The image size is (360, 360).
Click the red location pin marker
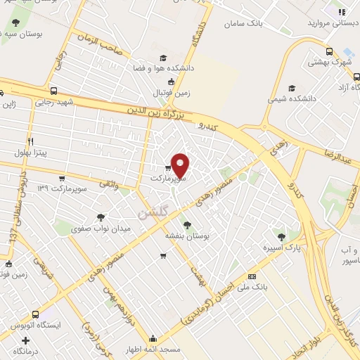pos(181,166)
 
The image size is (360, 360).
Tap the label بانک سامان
pos(243,23)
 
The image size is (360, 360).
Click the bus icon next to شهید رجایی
pos(54,91)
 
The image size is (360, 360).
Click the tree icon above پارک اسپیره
pos(281,237)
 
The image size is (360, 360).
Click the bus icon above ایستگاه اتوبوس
pos(36,314)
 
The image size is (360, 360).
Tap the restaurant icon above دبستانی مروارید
pos(342,12)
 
